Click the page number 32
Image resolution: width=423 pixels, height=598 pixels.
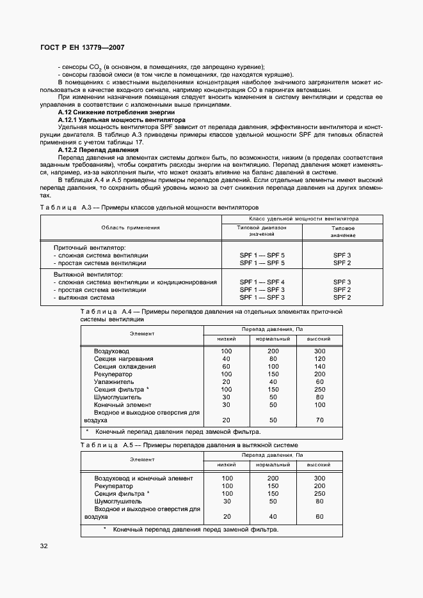pos(44,546)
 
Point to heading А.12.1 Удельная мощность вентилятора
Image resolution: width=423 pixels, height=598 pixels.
pos(113,119)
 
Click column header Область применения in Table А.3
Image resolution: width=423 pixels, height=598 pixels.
pos(131,227)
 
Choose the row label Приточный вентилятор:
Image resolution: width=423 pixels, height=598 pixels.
pos(90,247)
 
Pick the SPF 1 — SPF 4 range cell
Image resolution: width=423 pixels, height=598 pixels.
pos(262,282)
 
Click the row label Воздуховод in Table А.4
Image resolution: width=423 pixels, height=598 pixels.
pos(111,351)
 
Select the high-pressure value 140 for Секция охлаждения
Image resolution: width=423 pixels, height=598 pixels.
pos(320,367)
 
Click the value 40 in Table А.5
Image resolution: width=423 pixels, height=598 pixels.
pos(273,516)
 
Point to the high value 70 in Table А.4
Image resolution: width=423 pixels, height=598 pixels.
pos(320,420)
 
